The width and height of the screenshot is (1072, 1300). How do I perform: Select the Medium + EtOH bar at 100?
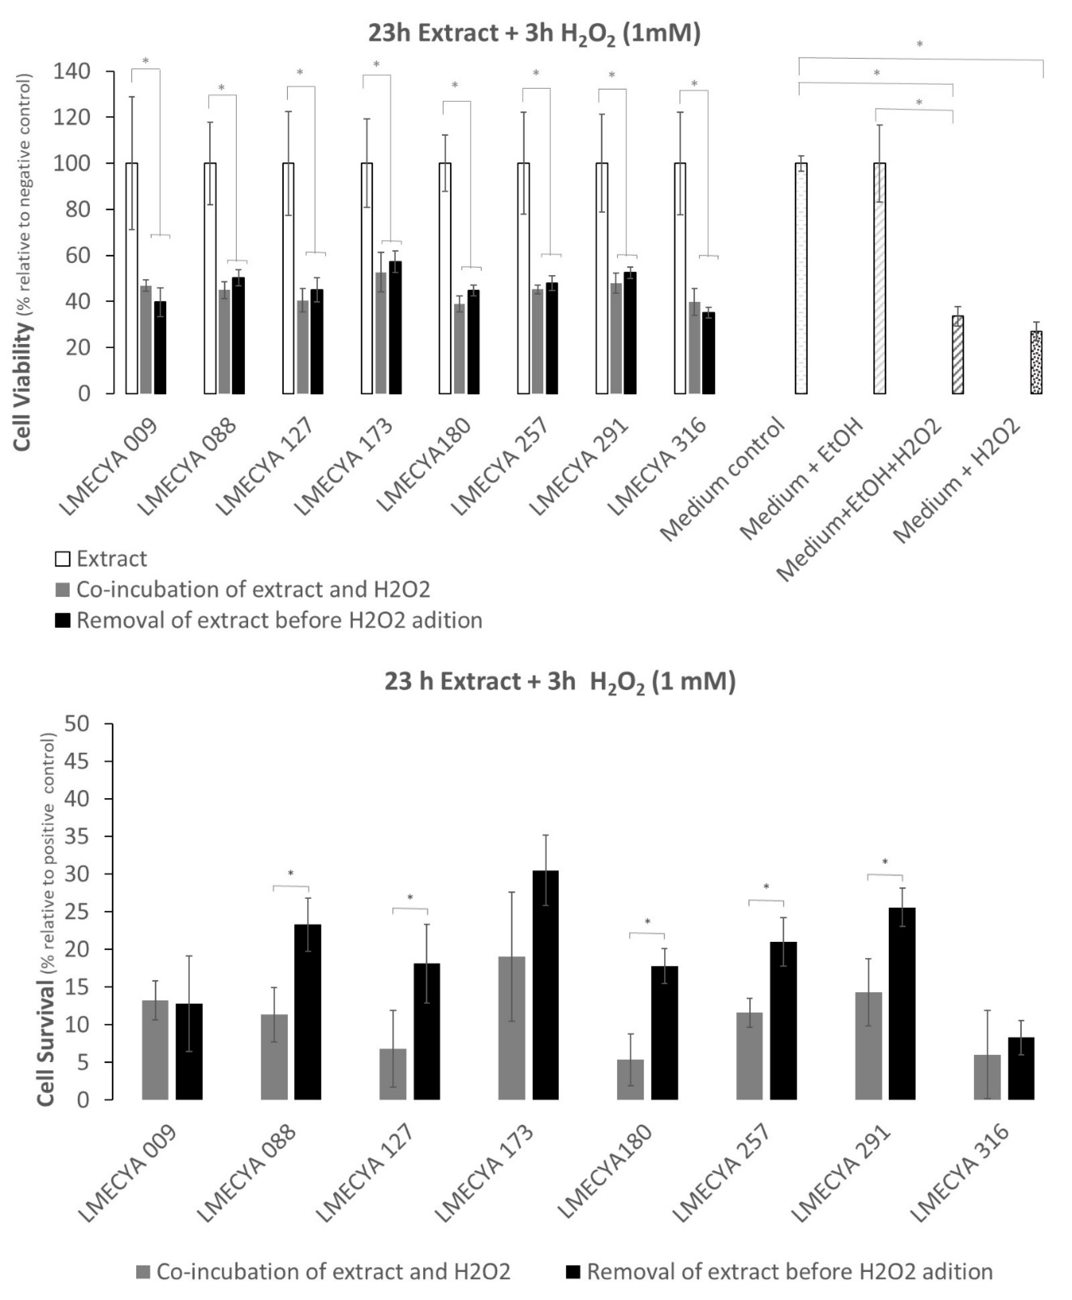(879, 278)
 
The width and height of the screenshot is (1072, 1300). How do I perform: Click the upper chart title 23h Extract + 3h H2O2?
(535, 34)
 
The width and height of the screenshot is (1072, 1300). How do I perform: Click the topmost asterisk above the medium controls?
(920, 45)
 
